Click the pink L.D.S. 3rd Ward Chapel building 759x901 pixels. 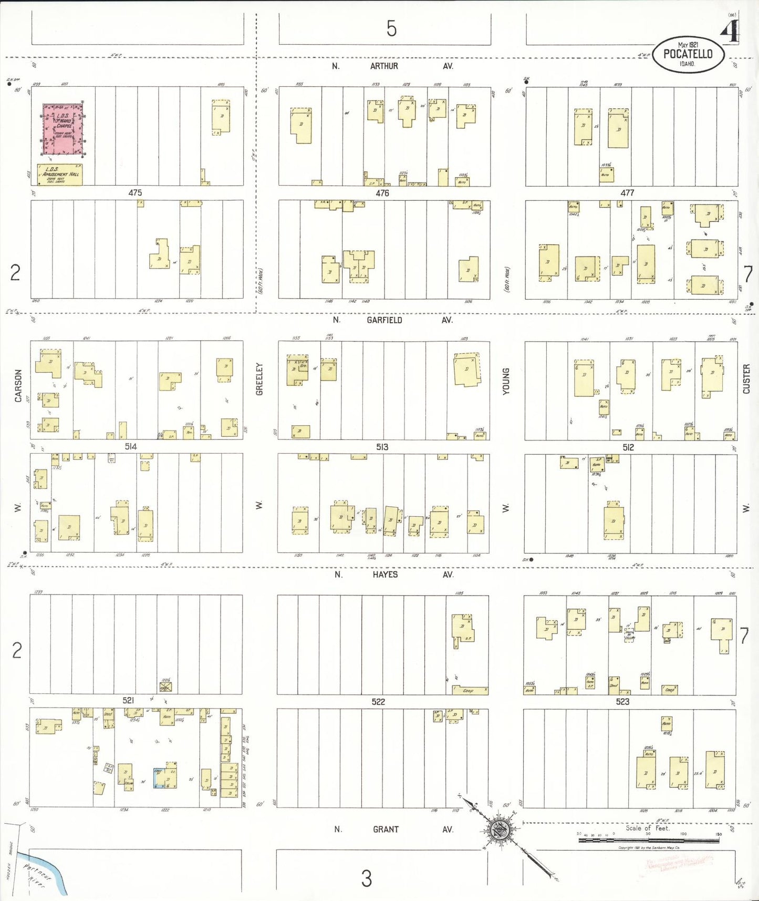pyautogui.click(x=63, y=129)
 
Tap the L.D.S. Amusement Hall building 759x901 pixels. pyautogui.click(x=59, y=175)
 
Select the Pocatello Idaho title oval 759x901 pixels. pyautogui.click(x=688, y=54)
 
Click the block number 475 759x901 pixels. pyautogui.click(x=135, y=193)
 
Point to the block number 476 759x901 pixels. pyautogui.click(x=382, y=193)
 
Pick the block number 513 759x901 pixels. pyautogui.click(x=382, y=447)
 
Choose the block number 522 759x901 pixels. pyautogui.click(x=378, y=702)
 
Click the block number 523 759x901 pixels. pyautogui.click(x=622, y=702)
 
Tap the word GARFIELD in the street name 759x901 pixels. pyautogui.click(x=384, y=320)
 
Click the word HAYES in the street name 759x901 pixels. pyautogui.click(x=385, y=575)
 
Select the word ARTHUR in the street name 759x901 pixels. pyautogui.click(x=384, y=66)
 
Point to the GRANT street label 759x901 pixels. pyautogui.click(x=386, y=830)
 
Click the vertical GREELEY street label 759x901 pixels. pyautogui.click(x=259, y=378)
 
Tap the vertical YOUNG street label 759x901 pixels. pyautogui.click(x=506, y=381)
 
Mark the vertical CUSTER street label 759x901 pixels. pyautogui.click(x=746, y=378)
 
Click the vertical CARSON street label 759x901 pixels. pyautogui.click(x=18, y=385)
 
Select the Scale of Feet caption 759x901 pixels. pyautogui.click(x=647, y=828)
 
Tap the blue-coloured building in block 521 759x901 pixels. pyautogui.click(x=158, y=778)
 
